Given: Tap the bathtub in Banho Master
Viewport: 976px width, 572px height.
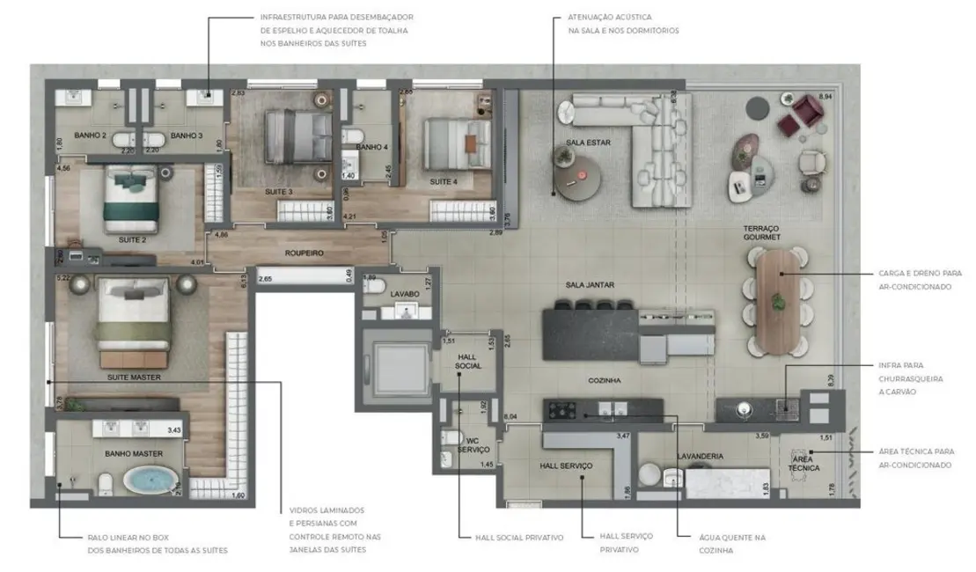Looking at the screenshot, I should click(x=150, y=480).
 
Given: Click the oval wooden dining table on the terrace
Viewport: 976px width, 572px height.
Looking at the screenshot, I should click(x=778, y=299).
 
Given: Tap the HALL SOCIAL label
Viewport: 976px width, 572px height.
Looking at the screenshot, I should click(x=467, y=361).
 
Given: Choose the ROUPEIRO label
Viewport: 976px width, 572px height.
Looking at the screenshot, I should click(x=305, y=253).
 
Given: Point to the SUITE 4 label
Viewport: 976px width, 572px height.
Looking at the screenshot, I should click(x=444, y=182).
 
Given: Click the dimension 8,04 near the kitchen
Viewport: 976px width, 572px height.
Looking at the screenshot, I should click(x=510, y=416).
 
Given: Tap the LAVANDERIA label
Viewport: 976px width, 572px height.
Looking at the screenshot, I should click(x=700, y=456).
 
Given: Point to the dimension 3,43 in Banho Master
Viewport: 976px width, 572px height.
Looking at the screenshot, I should click(x=174, y=429).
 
